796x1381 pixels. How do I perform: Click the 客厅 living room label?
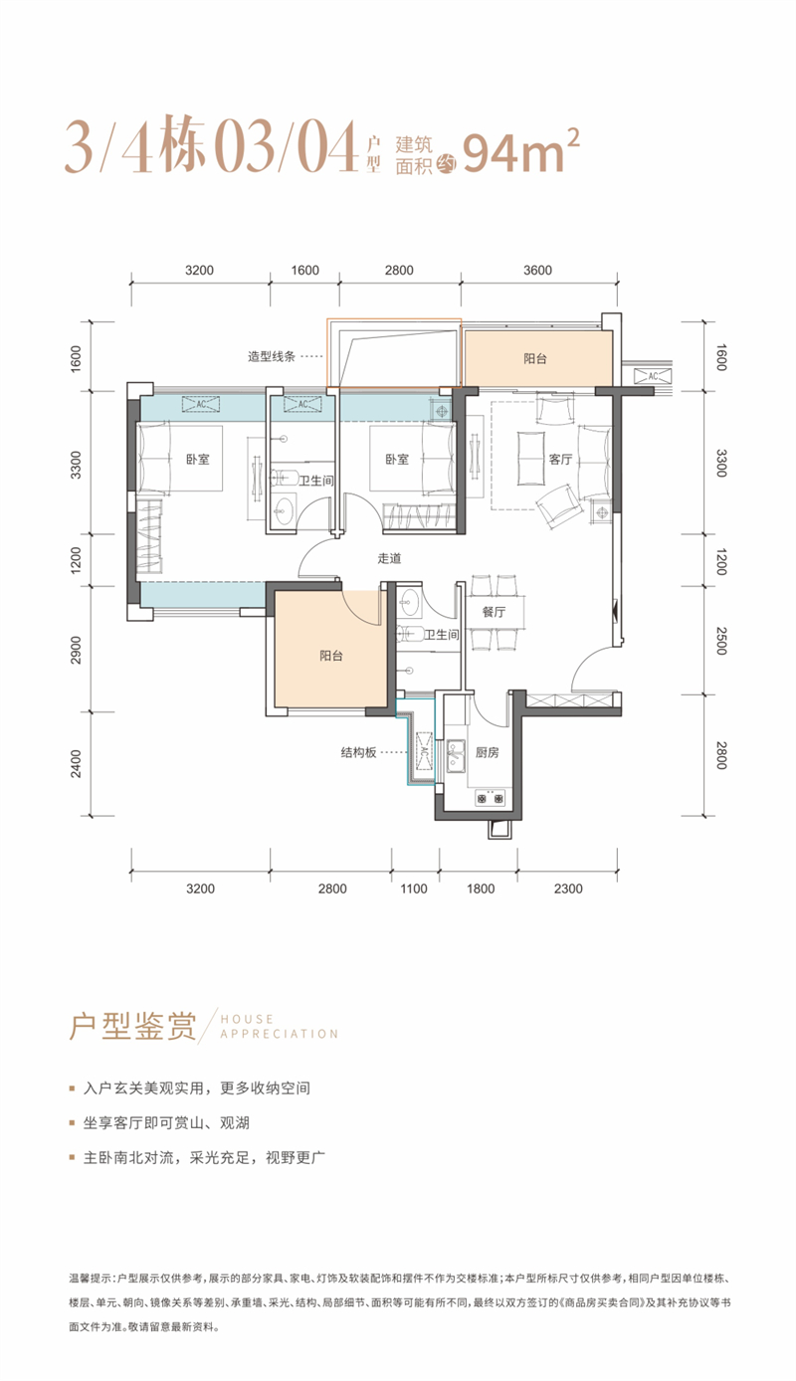pos(560,460)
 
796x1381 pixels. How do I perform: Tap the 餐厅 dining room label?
pos(494,612)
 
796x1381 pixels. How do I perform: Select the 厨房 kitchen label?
pos(488,752)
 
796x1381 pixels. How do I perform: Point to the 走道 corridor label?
pos(389,558)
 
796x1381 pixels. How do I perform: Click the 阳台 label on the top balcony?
pos(535,358)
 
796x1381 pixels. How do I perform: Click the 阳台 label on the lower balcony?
pos(331,656)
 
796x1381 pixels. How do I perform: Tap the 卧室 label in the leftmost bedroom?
pos(198,460)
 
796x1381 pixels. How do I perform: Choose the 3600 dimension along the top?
pos(537,270)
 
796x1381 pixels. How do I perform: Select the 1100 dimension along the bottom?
pos(413,888)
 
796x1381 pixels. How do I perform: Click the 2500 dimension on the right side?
pos(721,641)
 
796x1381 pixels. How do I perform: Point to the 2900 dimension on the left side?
pos(76,650)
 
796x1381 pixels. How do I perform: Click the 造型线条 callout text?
pos(272,356)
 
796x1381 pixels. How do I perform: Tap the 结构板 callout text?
pos(358,752)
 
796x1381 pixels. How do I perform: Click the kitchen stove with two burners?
pos(491,798)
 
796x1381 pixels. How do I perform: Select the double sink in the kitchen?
pos(456,757)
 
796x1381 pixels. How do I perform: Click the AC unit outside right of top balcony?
pos(653,375)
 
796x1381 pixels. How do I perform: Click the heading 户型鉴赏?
pos(132,1026)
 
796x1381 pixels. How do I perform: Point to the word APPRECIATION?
pos(280,1034)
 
